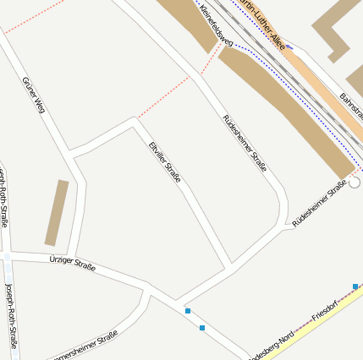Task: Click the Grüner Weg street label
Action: coord(33,95)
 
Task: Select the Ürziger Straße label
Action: coord(72,265)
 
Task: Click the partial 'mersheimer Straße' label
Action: coord(85,346)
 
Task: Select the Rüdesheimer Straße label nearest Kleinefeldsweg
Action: coord(245,143)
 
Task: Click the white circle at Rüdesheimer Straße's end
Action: coord(355,183)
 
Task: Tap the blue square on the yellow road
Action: coord(355,286)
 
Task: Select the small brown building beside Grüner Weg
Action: coord(57,213)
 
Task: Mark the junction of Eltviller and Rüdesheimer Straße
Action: coord(230,268)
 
